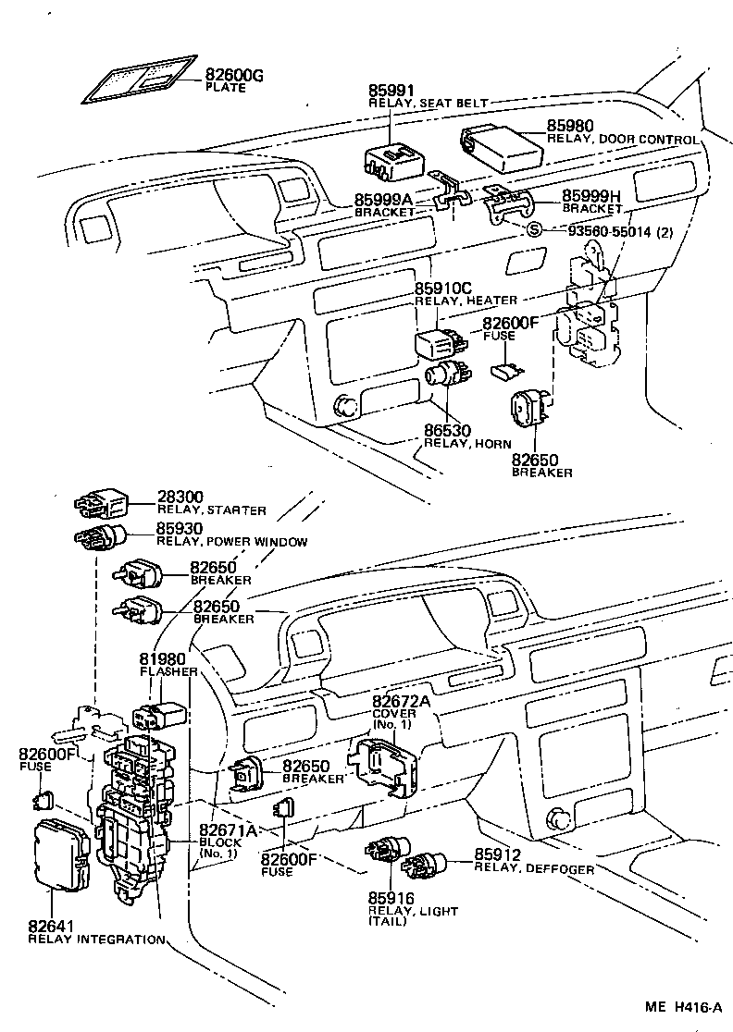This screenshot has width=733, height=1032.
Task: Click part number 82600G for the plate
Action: coord(234,75)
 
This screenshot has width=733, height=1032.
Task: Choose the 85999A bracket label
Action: coord(382,200)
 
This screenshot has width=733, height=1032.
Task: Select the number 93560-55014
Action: coord(601,231)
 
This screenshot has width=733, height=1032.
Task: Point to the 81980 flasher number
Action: coord(162,659)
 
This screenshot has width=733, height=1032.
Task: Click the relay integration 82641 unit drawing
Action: coord(63,855)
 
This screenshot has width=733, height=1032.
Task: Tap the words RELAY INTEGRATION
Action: coord(96,940)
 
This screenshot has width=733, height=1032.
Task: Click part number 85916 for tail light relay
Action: coord(390,898)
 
